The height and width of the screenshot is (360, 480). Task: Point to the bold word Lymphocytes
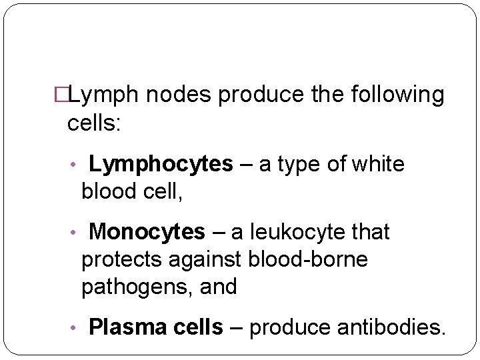point(161,164)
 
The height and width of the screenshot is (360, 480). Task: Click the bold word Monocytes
point(147,232)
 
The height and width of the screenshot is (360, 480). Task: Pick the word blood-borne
point(307,259)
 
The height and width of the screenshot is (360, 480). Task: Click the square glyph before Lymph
point(61,96)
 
